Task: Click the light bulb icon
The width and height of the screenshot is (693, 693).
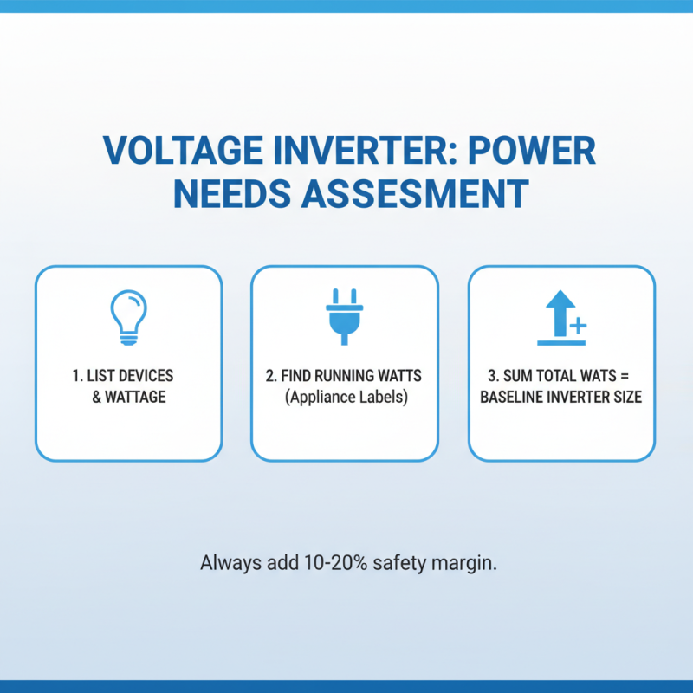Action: point(128,317)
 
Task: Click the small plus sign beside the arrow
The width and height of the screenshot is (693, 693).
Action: point(578,327)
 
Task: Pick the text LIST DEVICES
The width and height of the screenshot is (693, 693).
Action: point(127,376)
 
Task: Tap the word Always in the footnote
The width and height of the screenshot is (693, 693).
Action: point(229,561)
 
